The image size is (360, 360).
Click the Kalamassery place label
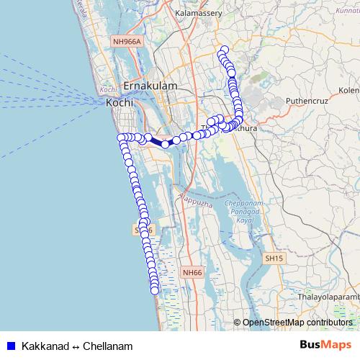coord(199,14)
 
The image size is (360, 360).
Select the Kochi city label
coord(119,103)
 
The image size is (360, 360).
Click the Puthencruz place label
coord(307,102)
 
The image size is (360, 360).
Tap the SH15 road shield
coord(274,258)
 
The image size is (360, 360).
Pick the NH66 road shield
coord(192,273)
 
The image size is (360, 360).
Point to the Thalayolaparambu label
coord(328,295)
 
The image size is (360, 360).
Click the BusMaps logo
coord(324,345)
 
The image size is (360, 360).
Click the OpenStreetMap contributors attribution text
coord(297,323)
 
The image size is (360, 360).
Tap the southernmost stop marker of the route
coord(154,290)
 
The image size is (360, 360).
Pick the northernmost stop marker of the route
coord(224,50)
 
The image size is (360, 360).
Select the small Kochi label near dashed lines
coord(109,90)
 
